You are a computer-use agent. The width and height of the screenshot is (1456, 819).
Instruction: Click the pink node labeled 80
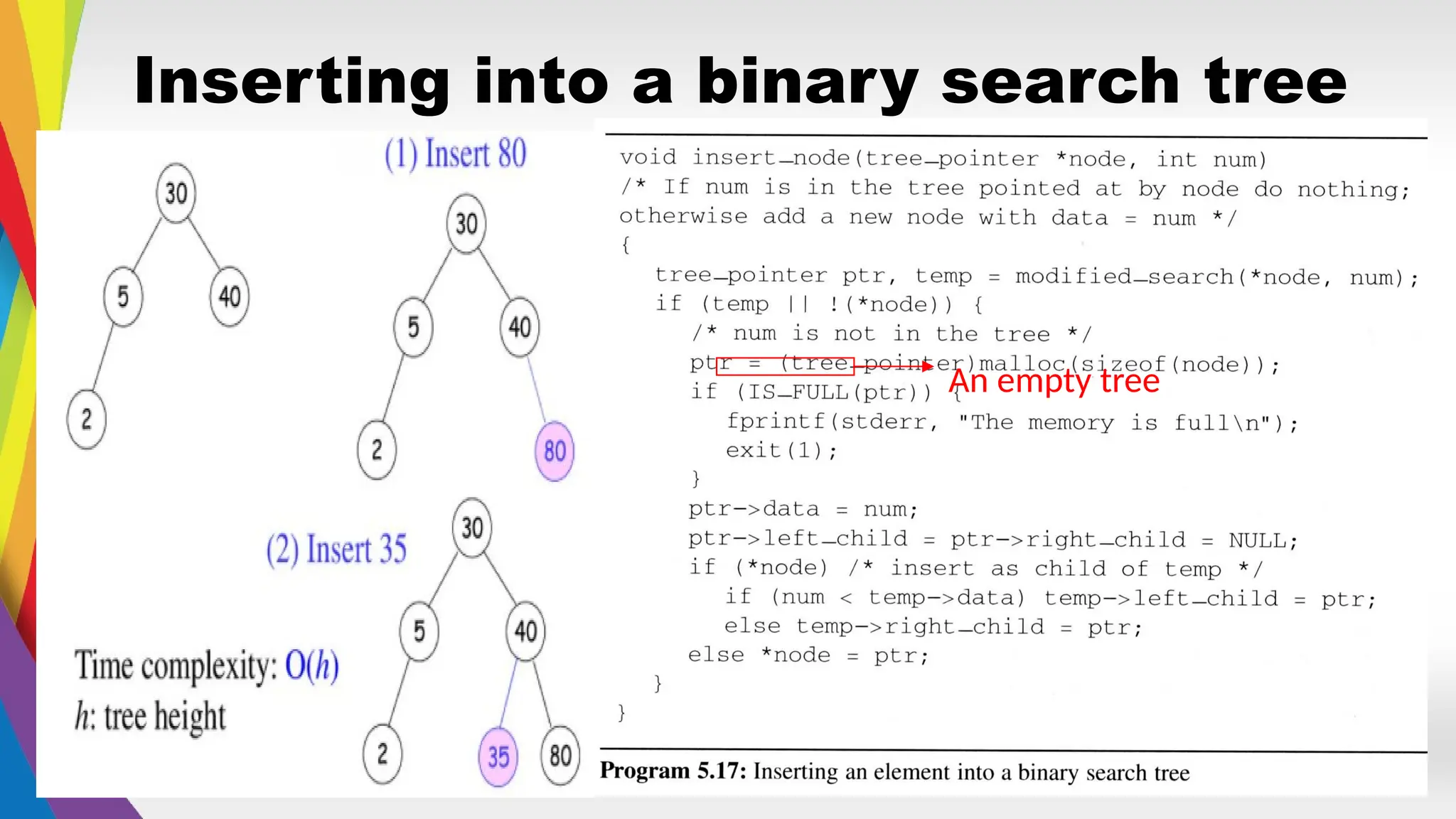[x=555, y=451]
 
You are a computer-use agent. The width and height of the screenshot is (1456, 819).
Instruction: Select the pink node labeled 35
[x=498, y=756]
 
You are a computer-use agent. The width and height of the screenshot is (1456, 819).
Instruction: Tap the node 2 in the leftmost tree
[x=86, y=419]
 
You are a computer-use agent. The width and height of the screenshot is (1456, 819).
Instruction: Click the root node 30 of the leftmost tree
[x=176, y=193]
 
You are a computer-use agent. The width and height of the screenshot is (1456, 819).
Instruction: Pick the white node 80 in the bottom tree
[x=560, y=755]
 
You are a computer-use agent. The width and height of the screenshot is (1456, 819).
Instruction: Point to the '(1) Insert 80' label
[x=455, y=154]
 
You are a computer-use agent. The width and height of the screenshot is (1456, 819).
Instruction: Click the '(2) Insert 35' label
[x=336, y=550]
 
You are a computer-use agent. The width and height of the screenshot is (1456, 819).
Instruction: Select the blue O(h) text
[x=311, y=666]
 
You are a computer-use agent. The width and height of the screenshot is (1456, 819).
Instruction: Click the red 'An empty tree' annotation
[x=1054, y=382]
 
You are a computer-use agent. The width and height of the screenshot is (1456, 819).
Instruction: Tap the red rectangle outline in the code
[x=785, y=365]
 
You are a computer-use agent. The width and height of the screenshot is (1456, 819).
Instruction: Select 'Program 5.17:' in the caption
[x=673, y=771]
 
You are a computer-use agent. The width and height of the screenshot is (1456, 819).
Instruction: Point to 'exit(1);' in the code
[x=781, y=451]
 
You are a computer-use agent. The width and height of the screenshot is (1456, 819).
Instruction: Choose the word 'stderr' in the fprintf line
[x=884, y=422]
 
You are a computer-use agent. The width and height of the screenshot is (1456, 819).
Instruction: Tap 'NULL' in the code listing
[x=1257, y=540]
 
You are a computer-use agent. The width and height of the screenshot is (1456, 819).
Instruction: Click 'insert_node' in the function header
[x=771, y=158]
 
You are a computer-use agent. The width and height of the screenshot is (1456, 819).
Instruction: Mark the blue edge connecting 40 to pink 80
[x=537, y=390]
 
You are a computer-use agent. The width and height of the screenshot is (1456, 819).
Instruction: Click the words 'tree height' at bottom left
[x=165, y=717]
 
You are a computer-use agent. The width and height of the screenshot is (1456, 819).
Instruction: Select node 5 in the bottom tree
[x=419, y=631]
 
